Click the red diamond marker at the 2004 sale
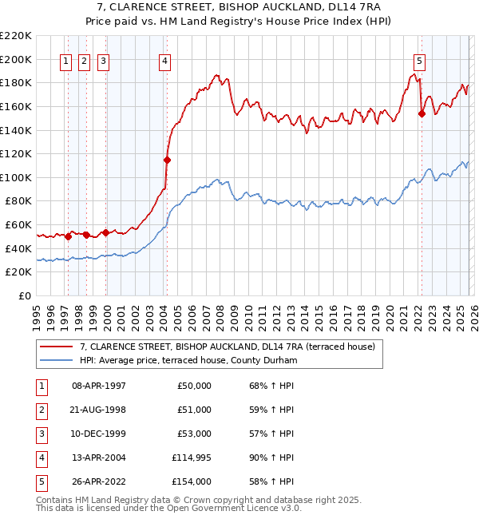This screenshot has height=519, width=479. pos(168,160)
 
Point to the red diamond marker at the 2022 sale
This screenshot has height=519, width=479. pos(422,113)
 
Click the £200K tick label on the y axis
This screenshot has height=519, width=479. pos(16,60)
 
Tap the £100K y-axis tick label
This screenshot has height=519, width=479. pos(16,178)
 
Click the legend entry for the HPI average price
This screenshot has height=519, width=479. pos(188,361)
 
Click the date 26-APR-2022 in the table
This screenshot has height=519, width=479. pos(99,481)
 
